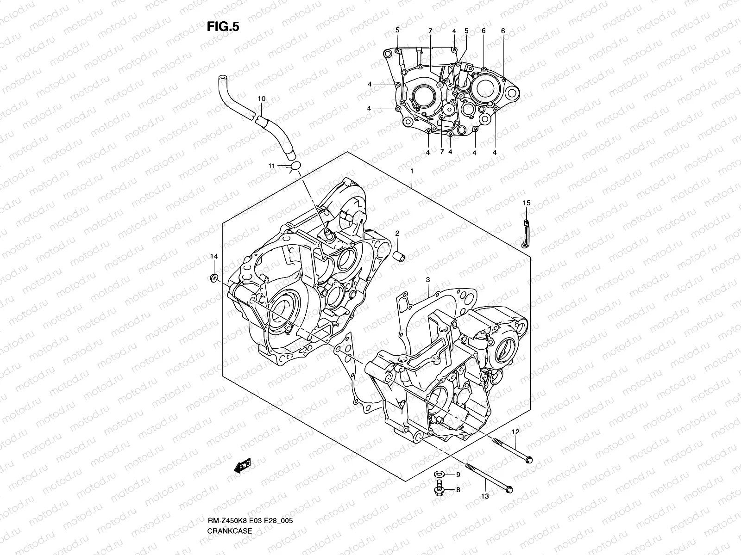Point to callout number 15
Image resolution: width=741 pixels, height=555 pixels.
click(527, 203)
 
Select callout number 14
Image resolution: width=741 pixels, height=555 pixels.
click(214, 256)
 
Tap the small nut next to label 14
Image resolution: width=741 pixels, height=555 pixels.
click(214, 278)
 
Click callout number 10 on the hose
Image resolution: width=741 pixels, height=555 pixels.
click(261, 99)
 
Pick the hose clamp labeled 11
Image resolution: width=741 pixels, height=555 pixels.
click(295, 166)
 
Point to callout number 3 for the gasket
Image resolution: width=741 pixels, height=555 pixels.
click(428, 280)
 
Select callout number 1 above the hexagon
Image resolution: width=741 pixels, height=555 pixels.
click(411, 171)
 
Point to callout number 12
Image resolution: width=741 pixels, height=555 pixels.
click(515, 432)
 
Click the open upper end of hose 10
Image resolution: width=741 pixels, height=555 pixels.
click(221, 78)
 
